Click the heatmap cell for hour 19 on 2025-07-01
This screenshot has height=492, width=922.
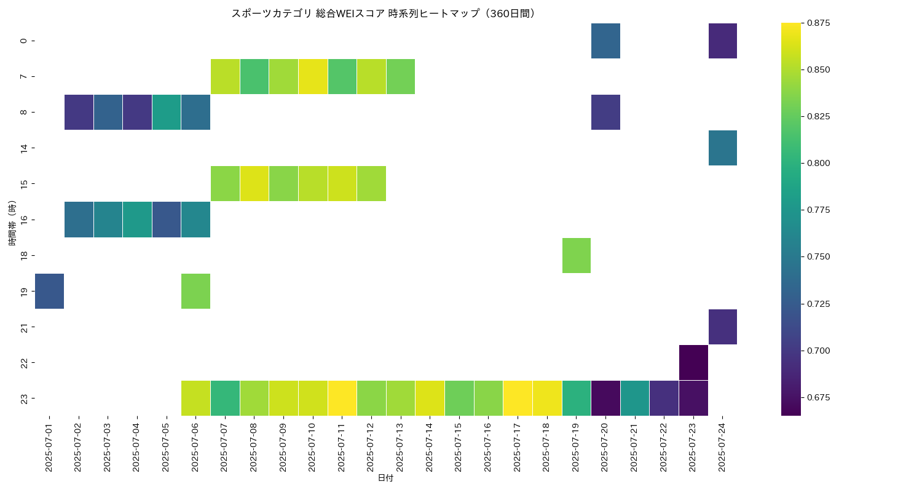49,291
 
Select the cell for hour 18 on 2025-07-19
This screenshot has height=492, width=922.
577,255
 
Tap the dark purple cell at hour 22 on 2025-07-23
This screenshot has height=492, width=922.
693,362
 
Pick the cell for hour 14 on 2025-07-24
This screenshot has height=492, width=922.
723,148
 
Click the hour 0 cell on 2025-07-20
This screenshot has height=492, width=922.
605,41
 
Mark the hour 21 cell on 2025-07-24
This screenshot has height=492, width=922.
723,327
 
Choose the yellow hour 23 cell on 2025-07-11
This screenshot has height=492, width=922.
342,398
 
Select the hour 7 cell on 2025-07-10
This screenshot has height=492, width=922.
313,76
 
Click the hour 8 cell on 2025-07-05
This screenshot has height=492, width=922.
167,112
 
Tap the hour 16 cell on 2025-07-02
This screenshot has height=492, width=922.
79,219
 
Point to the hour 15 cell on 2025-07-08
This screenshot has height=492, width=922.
254,183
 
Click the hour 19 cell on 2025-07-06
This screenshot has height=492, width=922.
196,291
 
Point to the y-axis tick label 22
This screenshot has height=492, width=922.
23,362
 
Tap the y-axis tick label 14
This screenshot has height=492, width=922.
23,148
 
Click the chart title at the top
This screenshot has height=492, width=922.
383,13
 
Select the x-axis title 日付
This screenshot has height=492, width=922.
385,478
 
